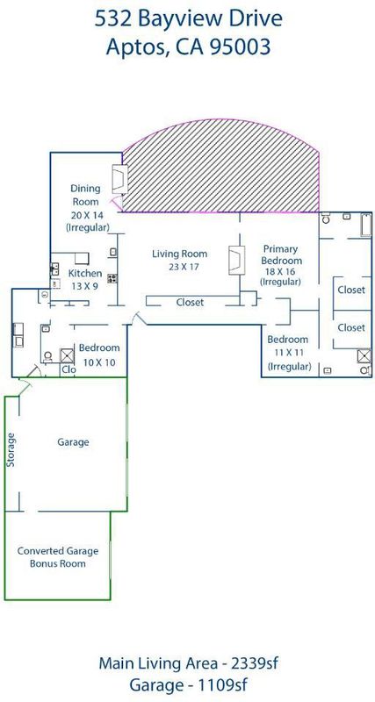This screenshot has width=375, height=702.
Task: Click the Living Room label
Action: pyautogui.click(x=180, y=260)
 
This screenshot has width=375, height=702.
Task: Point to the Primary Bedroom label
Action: pyautogui.click(x=282, y=266)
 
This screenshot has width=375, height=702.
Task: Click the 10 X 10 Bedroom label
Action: pyautogui.click(x=99, y=355)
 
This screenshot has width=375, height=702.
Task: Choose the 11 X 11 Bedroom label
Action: pyautogui.click(x=288, y=353)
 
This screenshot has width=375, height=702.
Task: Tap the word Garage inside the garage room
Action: pyautogui.click(x=73, y=442)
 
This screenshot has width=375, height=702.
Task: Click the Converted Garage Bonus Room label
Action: pyautogui.click(x=58, y=557)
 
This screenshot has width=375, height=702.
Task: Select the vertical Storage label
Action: pyautogui.click(x=11, y=450)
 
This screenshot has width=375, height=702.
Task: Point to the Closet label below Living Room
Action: pyautogui.click(x=190, y=302)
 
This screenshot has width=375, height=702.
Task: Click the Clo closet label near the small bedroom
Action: pyautogui.click(x=69, y=369)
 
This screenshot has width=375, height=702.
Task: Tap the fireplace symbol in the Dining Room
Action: pyautogui.click(x=119, y=179)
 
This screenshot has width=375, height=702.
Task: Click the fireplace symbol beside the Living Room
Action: pyautogui.click(x=237, y=260)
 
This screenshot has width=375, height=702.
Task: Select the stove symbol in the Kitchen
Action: pyautogui.click(x=112, y=278)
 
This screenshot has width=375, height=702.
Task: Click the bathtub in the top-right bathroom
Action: pyautogui.click(x=366, y=225)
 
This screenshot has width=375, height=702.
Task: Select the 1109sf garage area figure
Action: pyautogui.click(x=223, y=685)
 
